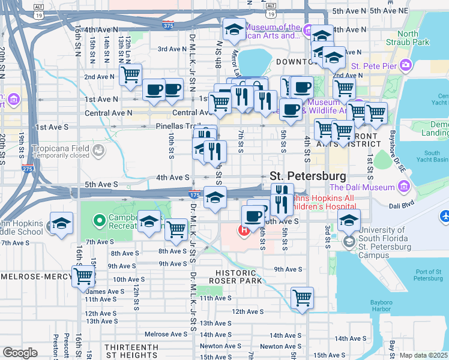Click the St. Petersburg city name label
(x=308, y=176)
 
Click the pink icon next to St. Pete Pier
(x=406, y=65)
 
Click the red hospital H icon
(x=244, y=230)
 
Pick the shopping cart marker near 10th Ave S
(x=84, y=276)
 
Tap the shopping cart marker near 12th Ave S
(x=302, y=297)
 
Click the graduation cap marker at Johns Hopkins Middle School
(x=61, y=223)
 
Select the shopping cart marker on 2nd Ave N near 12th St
(x=130, y=75)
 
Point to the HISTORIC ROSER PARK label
(x=239, y=276)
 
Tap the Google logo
(x=20, y=353)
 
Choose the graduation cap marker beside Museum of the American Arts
(x=234, y=28)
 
